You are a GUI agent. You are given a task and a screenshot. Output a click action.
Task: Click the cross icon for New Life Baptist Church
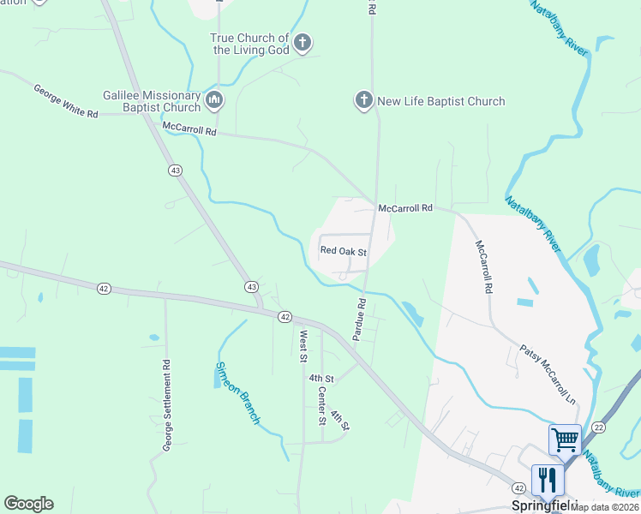point(363,101)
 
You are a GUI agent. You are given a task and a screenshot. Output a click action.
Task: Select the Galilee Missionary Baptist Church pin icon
point(213,101)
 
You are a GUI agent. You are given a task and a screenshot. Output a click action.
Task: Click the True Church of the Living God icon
point(302,43)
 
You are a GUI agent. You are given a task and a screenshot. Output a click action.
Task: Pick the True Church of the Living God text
point(250,44)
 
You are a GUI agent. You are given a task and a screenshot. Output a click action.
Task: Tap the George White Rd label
point(66,101)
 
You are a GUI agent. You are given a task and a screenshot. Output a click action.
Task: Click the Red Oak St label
point(343,252)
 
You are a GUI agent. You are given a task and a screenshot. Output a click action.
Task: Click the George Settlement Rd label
point(168,404)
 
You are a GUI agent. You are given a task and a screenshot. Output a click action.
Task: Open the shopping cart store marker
point(566,440)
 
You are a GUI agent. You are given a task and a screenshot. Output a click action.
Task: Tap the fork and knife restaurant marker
point(548,481)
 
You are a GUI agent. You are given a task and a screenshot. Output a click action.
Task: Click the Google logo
point(28,504)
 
